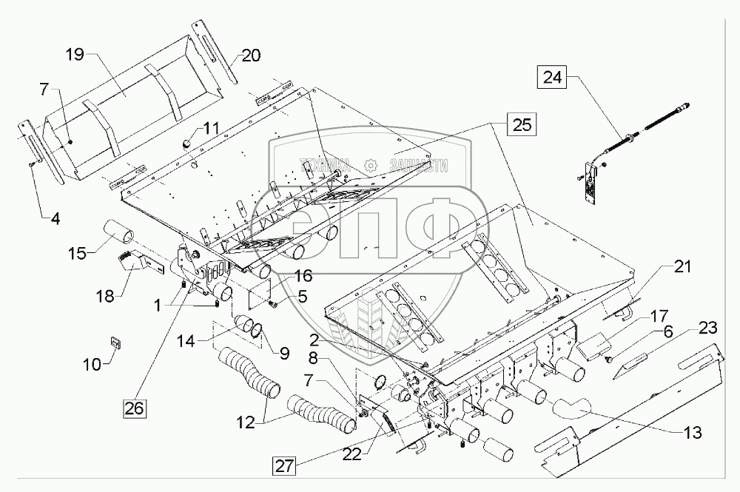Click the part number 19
75,55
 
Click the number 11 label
212,128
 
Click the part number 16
283,275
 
